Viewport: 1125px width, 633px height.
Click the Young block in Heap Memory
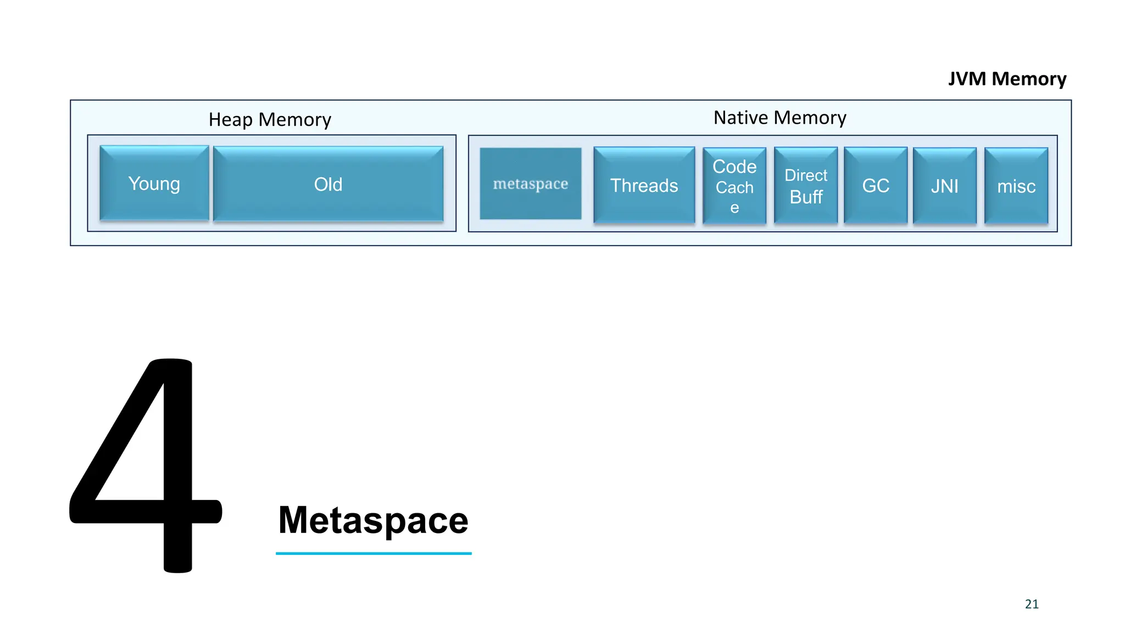[154, 184]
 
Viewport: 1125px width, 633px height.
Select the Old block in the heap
[328, 184]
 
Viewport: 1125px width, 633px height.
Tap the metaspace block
[530, 184]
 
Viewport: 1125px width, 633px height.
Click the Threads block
[644, 185]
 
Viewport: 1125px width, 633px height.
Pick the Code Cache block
[734, 186]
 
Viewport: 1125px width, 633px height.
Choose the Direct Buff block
[805, 186]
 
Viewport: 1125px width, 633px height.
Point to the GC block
[875, 186]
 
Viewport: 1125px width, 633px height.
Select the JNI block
[944, 186]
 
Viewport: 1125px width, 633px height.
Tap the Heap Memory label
[270, 119]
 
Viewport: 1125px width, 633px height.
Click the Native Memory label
[779, 118]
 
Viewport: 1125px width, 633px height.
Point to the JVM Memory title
[1007, 79]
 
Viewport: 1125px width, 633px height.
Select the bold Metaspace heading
[373, 520]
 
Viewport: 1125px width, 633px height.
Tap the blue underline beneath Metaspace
[374, 553]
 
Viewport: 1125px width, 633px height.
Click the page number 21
[1032, 604]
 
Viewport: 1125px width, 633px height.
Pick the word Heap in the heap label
[230, 119]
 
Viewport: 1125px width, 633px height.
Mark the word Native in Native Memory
[740, 118]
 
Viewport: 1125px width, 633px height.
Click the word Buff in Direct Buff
[806, 197]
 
